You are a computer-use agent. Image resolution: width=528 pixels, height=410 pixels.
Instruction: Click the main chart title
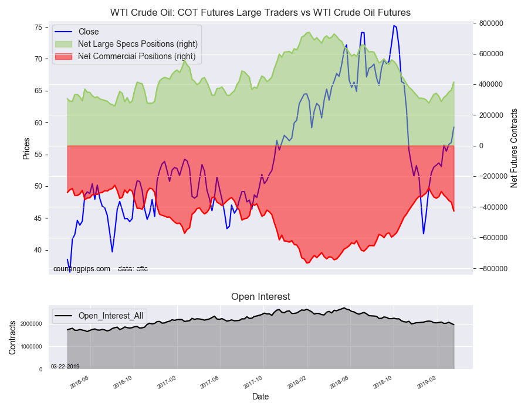tap(260, 12)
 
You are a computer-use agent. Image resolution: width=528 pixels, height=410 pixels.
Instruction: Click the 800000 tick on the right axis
tap(491, 23)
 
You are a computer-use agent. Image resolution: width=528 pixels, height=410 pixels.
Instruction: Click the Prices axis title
tap(26, 148)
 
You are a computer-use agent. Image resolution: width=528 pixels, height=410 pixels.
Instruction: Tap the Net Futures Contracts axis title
tap(514, 148)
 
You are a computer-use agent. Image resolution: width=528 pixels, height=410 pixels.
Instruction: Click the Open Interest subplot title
tap(260, 297)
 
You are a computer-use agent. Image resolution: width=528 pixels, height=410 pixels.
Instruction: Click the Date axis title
tap(260, 397)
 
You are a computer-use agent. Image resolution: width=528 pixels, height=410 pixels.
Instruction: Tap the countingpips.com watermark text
tap(82, 269)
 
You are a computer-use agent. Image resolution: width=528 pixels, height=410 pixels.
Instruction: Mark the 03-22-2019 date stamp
tap(65, 367)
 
